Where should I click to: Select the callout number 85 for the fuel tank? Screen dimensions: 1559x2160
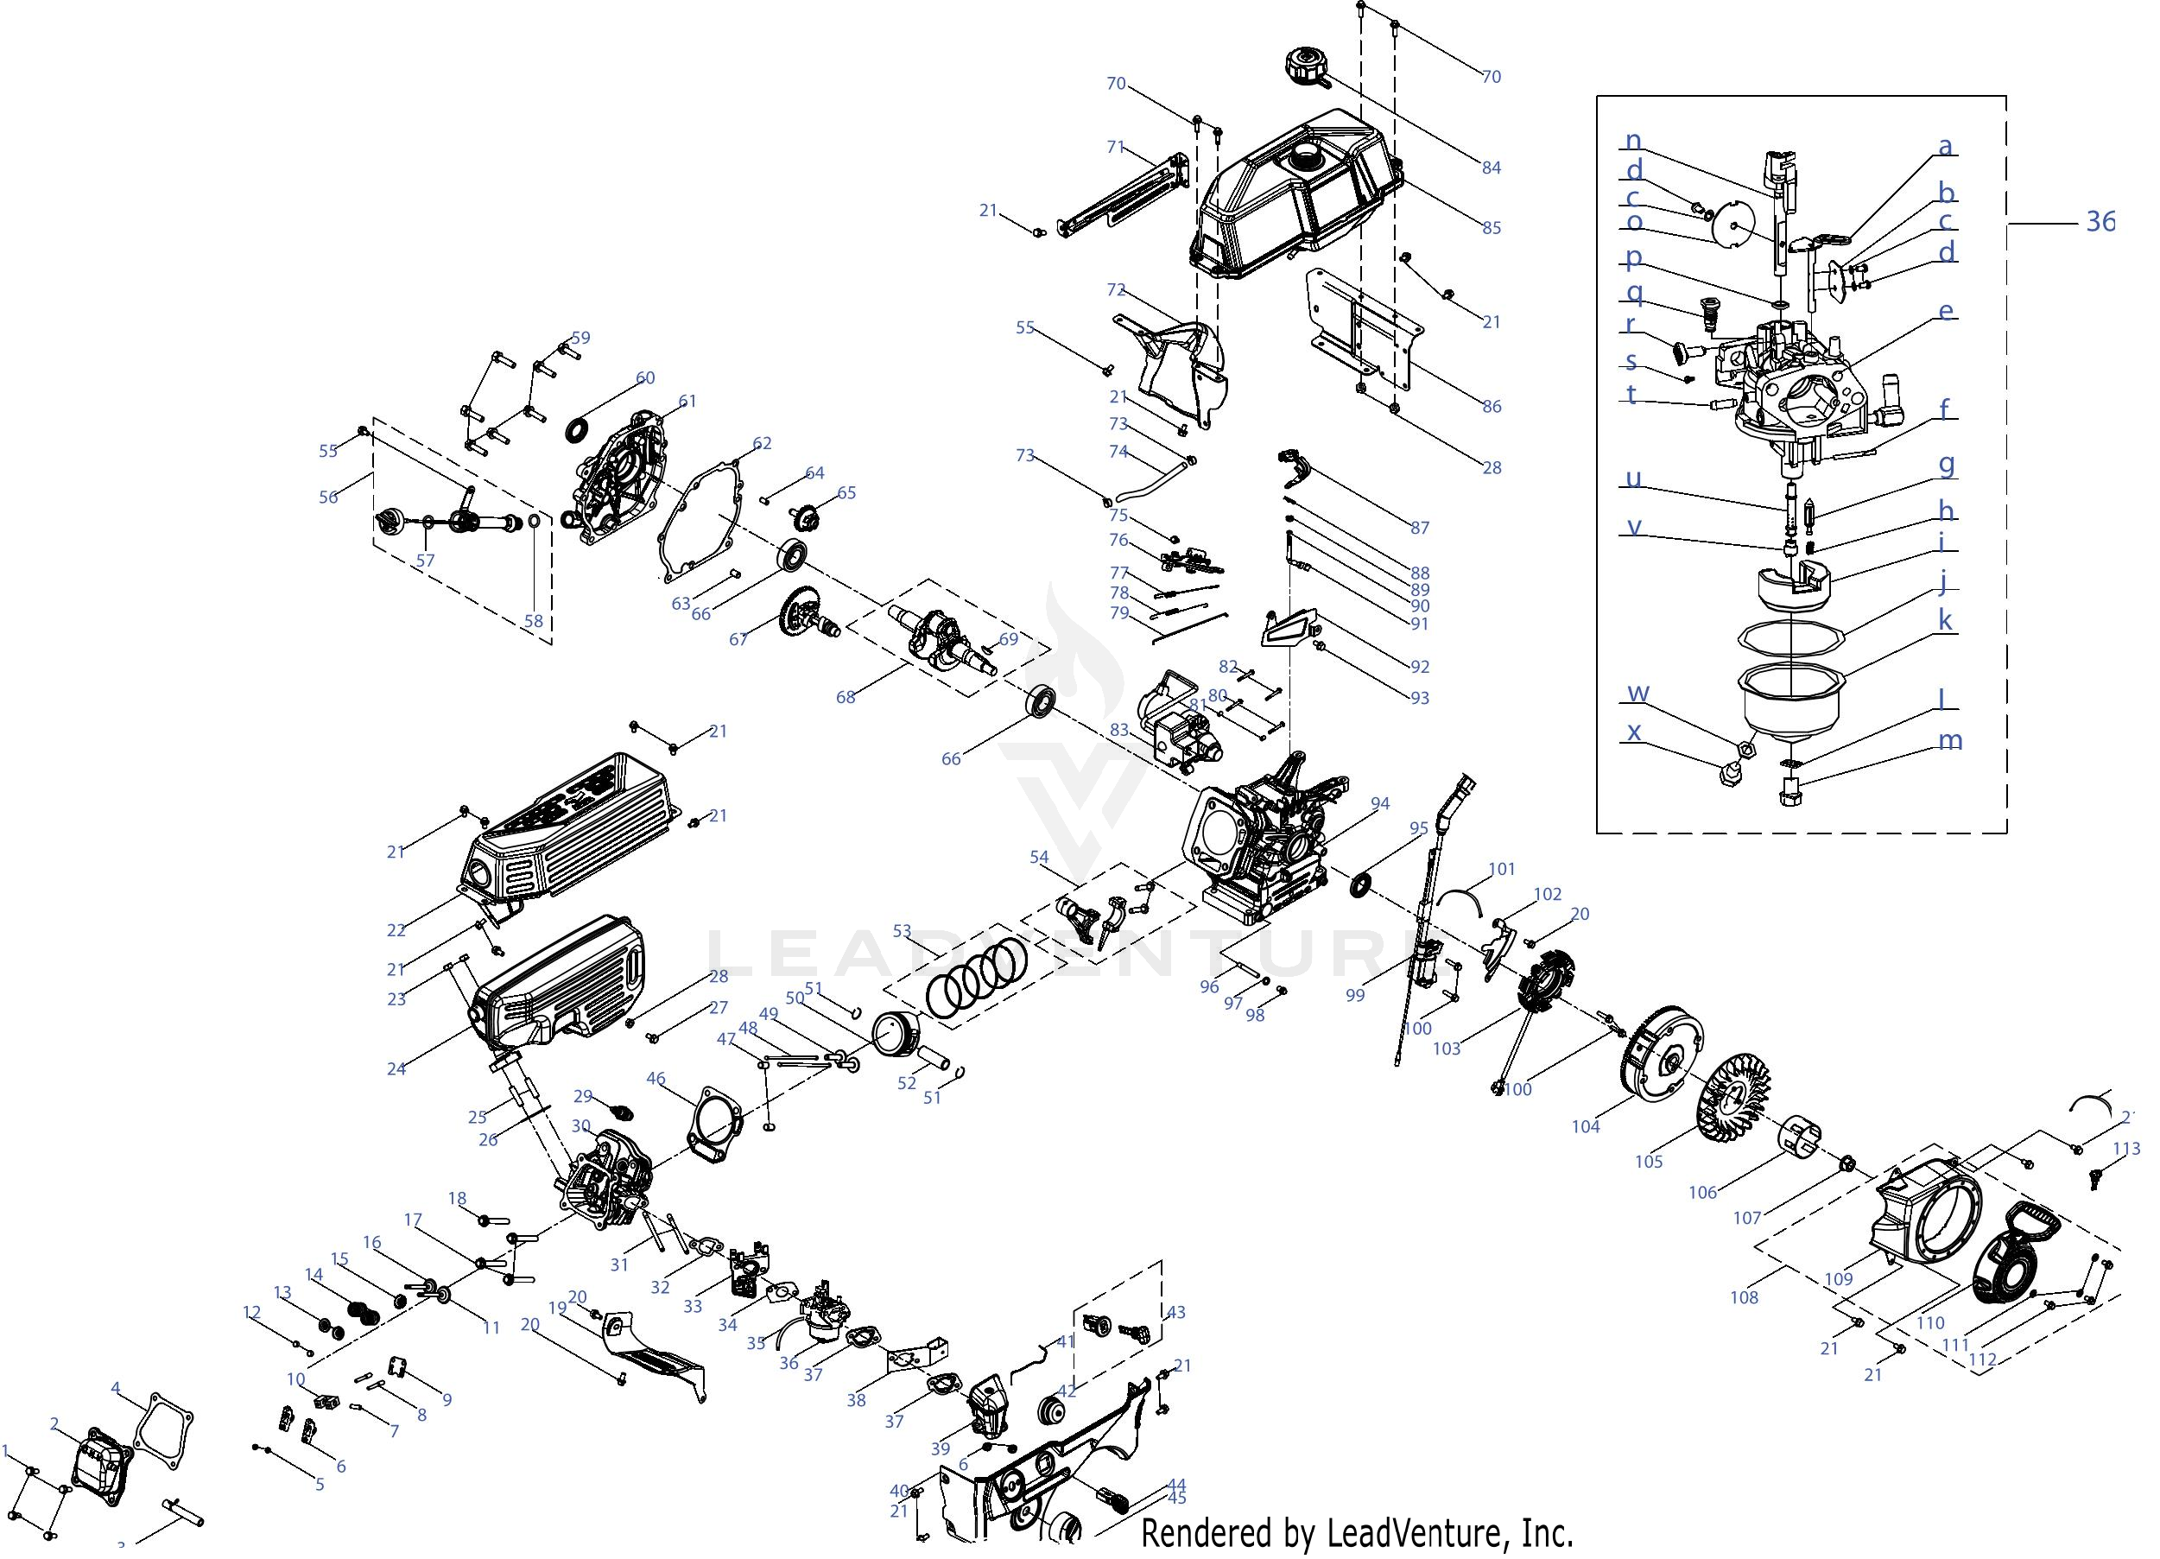click(x=1492, y=228)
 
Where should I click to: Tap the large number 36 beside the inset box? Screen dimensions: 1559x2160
click(x=2100, y=222)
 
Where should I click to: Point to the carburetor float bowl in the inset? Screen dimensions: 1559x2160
click(x=1792, y=709)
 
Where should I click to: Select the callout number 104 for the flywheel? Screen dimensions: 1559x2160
click(x=1585, y=1126)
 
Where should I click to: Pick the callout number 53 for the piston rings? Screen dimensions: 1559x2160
click(x=901, y=930)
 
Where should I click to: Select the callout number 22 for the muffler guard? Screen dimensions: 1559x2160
click(x=396, y=930)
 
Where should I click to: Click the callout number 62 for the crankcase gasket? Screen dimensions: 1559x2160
click(x=762, y=444)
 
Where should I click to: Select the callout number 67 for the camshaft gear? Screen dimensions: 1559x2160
click(x=739, y=640)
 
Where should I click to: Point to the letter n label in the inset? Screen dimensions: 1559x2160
click(x=1632, y=142)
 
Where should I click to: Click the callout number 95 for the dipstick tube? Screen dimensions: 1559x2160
click(x=1419, y=828)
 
